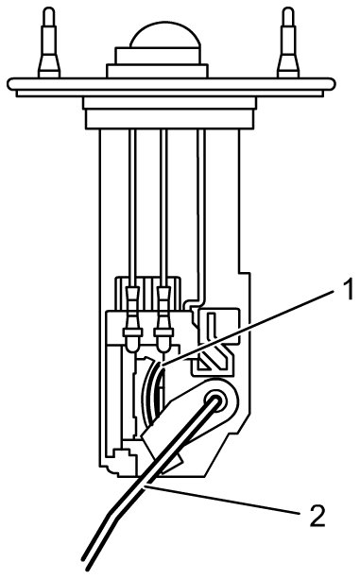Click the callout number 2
(x=316, y=515)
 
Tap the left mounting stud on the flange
(x=49, y=43)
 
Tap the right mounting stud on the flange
(x=288, y=43)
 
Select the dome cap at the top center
(x=165, y=34)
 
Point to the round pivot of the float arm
(x=215, y=400)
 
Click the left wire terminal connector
(x=132, y=318)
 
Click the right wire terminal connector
(x=164, y=318)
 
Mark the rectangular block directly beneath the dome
(x=158, y=56)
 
